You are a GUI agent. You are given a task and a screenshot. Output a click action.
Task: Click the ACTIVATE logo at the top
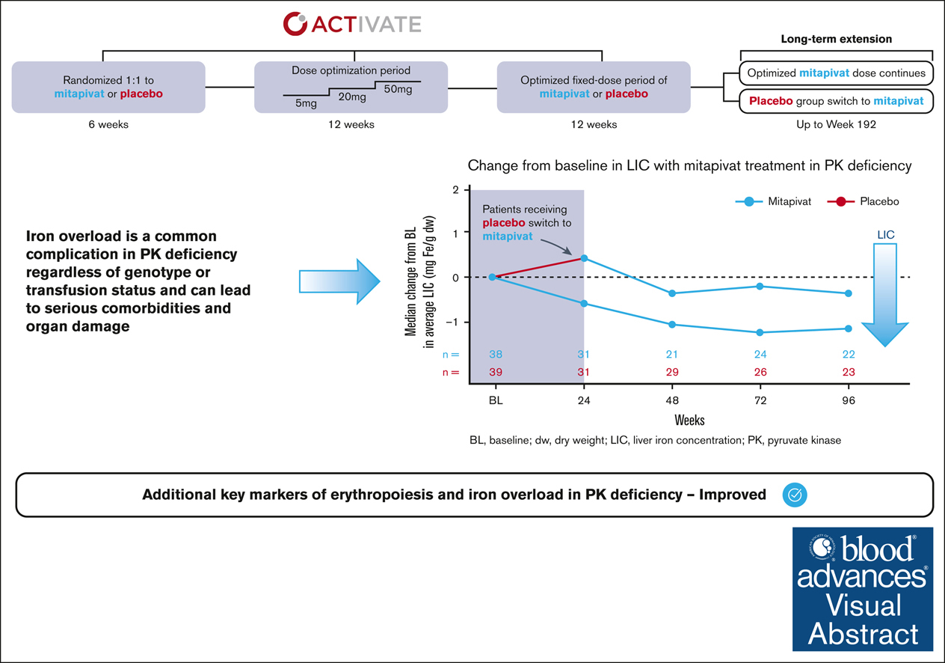pyautogui.click(x=351, y=23)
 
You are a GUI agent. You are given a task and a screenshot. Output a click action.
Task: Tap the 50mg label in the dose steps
pyautogui.click(x=398, y=90)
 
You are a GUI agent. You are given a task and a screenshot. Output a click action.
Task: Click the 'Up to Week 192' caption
pyautogui.click(x=837, y=124)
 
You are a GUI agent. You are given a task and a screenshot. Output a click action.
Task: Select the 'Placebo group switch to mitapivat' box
pyautogui.click(x=836, y=100)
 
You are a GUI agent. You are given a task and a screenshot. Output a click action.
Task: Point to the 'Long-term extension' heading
pyautogui.click(x=837, y=39)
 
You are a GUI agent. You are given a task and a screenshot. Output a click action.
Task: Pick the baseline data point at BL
pyautogui.click(x=492, y=277)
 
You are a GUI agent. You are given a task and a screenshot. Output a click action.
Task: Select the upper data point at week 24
pyautogui.click(x=584, y=258)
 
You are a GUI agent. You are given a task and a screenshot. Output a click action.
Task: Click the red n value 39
pyautogui.click(x=495, y=372)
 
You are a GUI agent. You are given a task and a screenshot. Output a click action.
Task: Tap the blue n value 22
pyautogui.click(x=848, y=355)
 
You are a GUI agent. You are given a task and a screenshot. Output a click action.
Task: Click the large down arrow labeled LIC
pyautogui.click(x=885, y=299)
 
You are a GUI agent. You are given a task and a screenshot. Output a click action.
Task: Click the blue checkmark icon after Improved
pyautogui.click(x=795, y=495)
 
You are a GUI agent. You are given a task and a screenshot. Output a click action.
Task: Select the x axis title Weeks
pyautogui.click(x=689, y=420)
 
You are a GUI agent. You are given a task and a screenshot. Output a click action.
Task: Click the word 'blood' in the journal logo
pyautogui.click(x=874, y=549)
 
